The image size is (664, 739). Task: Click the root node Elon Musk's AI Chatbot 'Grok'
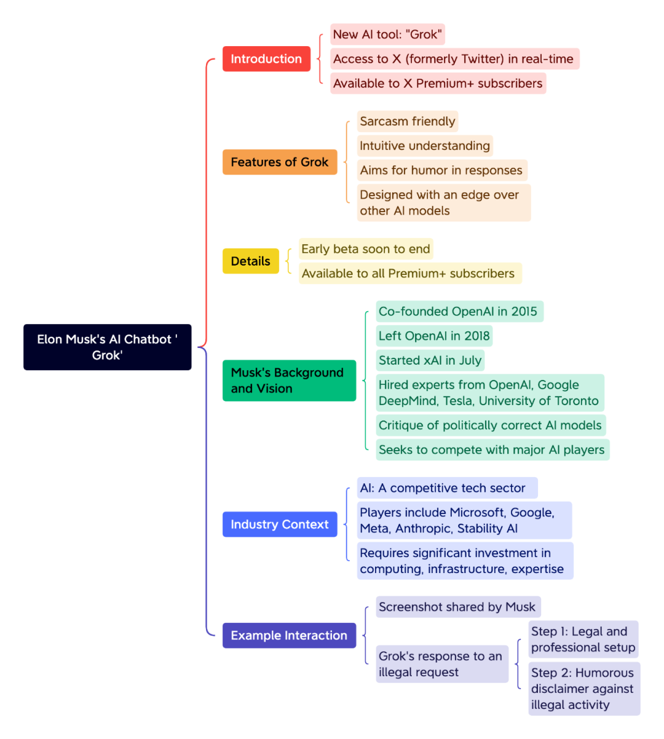[x=107, y=347]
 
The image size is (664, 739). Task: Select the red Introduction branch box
[x=266, y=59]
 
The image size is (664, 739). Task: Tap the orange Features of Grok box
[x=280, y=162]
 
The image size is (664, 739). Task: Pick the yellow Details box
[x=251, y=261]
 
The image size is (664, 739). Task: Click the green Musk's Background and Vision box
[x=290, y=381]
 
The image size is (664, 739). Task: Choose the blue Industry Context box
[x=280, y=524]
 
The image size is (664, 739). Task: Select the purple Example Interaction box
[x=290, y=635]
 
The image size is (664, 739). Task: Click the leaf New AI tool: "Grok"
[x=387, y=34]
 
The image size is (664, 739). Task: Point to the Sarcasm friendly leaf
[x=408, y=121]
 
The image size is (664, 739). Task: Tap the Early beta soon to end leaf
[x=366, y=249]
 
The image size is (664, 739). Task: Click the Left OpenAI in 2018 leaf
[x=434, y=336]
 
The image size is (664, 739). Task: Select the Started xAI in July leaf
[x=430, y=360]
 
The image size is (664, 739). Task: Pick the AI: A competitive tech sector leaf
[x=448, y=488]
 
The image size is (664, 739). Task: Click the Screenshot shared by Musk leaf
[x=458, y=607]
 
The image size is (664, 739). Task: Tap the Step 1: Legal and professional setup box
[x=583, y=639]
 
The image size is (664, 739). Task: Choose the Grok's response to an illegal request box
[x=442, y=664]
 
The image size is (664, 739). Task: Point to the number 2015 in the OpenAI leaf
[x=524, y=311]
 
